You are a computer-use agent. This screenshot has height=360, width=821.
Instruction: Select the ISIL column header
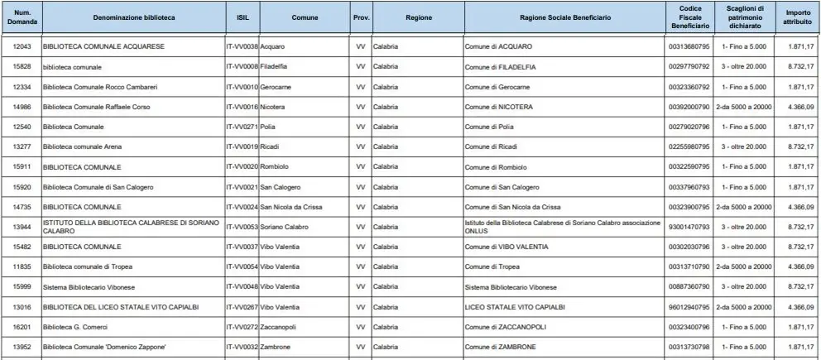(242, 17)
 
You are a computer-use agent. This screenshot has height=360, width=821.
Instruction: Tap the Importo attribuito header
(798, 17)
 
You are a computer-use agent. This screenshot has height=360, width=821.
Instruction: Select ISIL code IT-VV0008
(242, 66)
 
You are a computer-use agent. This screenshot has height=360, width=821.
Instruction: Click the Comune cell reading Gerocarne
(276, 86)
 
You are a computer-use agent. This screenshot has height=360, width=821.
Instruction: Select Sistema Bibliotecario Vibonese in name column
(90, 287)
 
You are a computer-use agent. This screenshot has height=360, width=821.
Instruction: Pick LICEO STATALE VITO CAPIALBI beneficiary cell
(515, 307)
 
